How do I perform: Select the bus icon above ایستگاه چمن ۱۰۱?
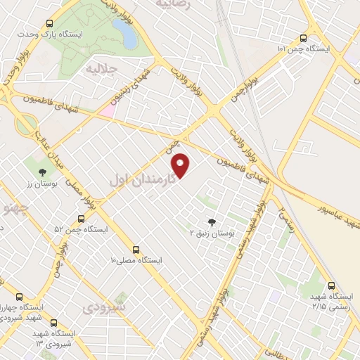click(303, 38)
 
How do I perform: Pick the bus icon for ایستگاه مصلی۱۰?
click(136, 249)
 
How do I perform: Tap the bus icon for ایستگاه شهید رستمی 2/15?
click(333, 285)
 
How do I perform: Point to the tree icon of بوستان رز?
click(43, 171)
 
